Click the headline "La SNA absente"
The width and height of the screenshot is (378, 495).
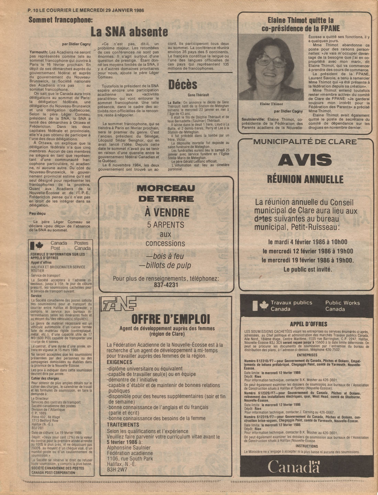pyautogui.click(x=129, y=32)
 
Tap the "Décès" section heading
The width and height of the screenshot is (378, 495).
pyautogui.click(x=182, y=85)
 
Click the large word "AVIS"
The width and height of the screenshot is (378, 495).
pyautogui.click(x=305, y=160)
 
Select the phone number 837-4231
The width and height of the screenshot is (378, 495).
pyautogui.click(x=166, y=285)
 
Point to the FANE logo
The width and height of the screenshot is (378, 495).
pyautogui.click(x=119, y=304)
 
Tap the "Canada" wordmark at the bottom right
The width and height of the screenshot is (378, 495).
pyautogui.click(x=294, y=467)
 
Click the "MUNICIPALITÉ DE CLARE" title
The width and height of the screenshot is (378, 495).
pyautogui.click(x=305, y=142)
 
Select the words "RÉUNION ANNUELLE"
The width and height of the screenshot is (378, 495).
pyautogui.click(x=305, y=179)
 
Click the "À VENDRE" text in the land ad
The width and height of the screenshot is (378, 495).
pyautogui.click(x=167, y=213)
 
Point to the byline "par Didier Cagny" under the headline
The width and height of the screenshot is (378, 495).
pyautogui.click(x=76, y=44)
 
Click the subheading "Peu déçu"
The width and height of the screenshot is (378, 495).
pyautogui.click(x=37, y=214)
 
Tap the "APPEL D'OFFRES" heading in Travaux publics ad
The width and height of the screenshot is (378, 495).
pyautogui.click(x=309, y=324)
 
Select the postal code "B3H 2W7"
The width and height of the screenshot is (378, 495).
pyautogui.click(x=117, y=470)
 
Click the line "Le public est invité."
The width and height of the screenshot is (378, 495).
pyautogui.click(x=308, y=270)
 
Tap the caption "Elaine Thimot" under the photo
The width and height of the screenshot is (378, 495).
pyautogui.click(x=271, y=104)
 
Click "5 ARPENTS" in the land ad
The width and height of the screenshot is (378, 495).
pyautogui.click(x=166, y=225)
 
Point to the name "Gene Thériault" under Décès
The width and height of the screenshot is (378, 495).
pyautogui.click(x=198, y=95)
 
